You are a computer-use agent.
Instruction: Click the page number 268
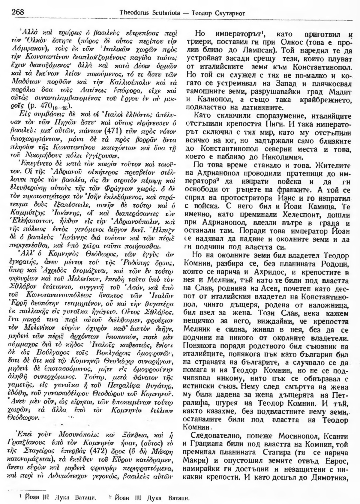(x=18, y=12)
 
